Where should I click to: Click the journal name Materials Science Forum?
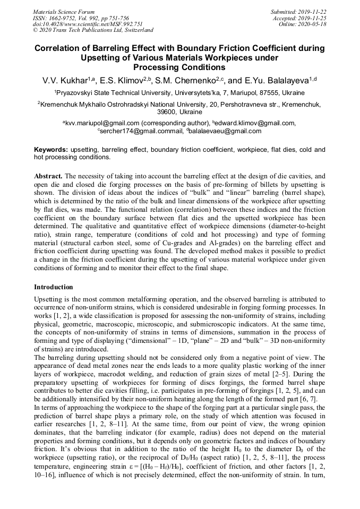click(64, 11)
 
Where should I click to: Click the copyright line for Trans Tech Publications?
click(93, 30)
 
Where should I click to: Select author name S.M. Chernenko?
click(187, 81)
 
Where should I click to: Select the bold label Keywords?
click(51, 150)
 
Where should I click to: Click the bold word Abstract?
click(48, 175)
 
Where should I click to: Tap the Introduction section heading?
click(53, 287)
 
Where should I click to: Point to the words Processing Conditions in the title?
click(179, 67)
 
